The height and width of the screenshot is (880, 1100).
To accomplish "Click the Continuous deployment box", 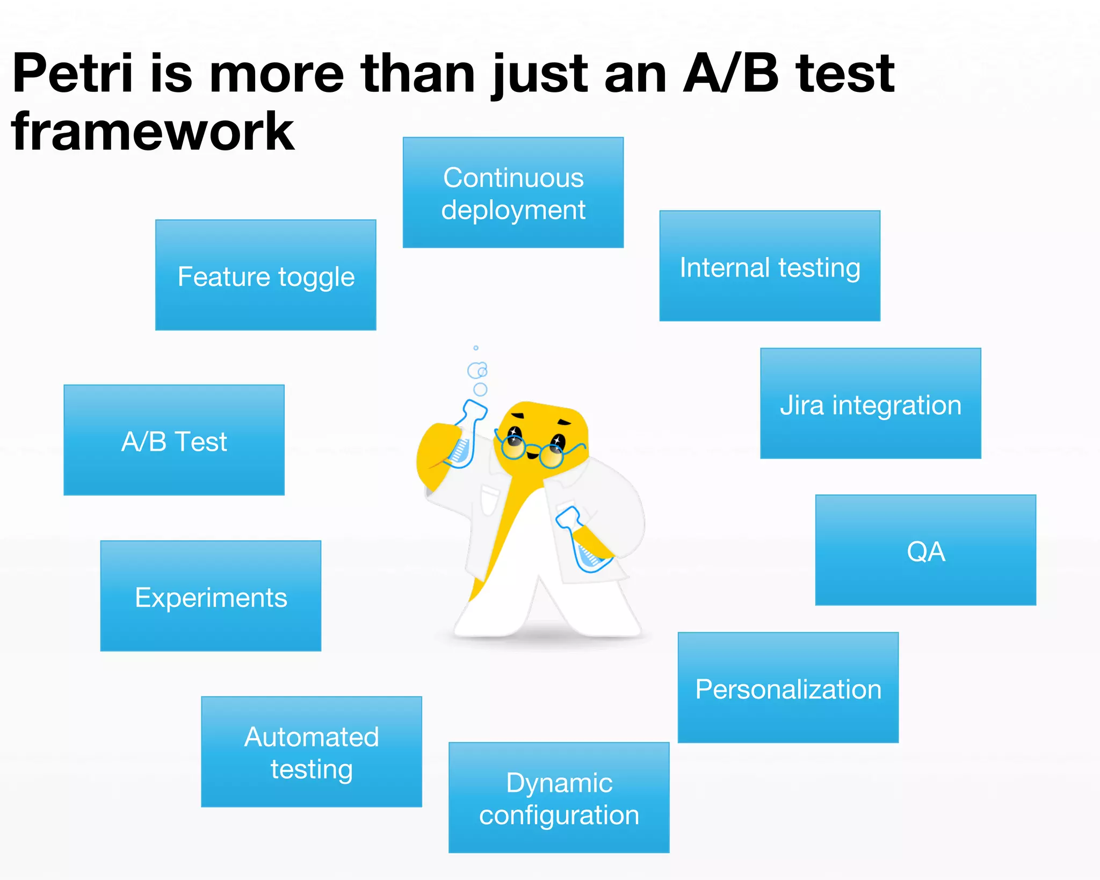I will pos(513,192).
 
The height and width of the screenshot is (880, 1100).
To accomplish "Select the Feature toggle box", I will pos(265,275).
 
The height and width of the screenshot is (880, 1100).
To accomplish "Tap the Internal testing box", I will pos(769,266).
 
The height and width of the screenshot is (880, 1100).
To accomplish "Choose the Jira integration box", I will pos(870,403).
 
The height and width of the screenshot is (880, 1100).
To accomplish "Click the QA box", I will pos(925,550).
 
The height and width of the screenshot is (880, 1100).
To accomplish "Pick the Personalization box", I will pos(787,688).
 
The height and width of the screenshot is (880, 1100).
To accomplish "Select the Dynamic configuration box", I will pos(559,798).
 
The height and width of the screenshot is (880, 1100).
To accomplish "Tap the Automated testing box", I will pos(311,752).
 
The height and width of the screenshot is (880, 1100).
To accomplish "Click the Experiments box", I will pos(211,596).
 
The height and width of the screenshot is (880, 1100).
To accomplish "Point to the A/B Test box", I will pos(173,440).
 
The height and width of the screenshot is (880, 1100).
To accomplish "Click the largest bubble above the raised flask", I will pos(476,371).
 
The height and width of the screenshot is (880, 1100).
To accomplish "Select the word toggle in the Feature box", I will pos(316,278).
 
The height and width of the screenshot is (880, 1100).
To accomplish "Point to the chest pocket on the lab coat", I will pos(489,499).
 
